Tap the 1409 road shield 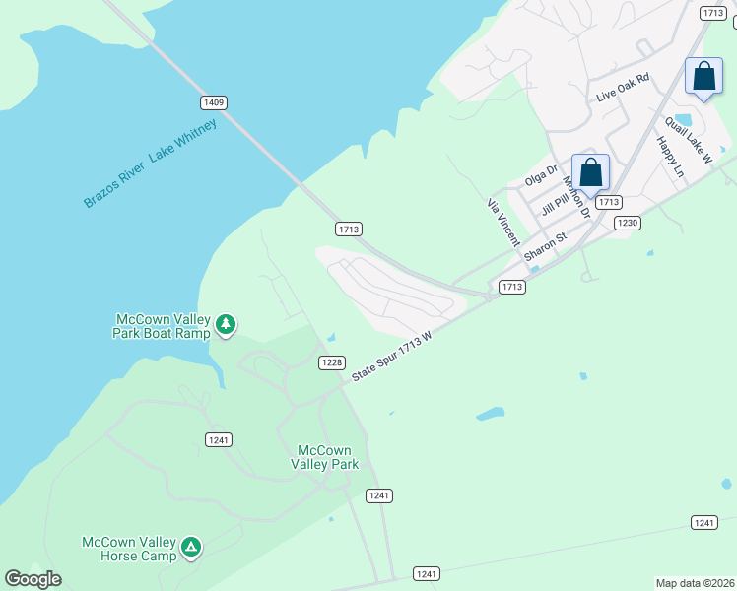[213, 102]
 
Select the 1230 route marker [628, 224]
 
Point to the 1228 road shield [332, 362]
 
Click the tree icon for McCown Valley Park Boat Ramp [226, 324]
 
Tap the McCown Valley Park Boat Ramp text [164, 326]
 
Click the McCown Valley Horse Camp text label [129, 549]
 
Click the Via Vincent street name [502, 222]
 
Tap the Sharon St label [546, 246]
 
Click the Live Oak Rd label [624, 88]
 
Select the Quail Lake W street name [688, 138]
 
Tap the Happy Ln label [670, 156]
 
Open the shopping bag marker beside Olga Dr [590, 173]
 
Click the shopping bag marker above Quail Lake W [703, 77]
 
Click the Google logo [33, 578]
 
